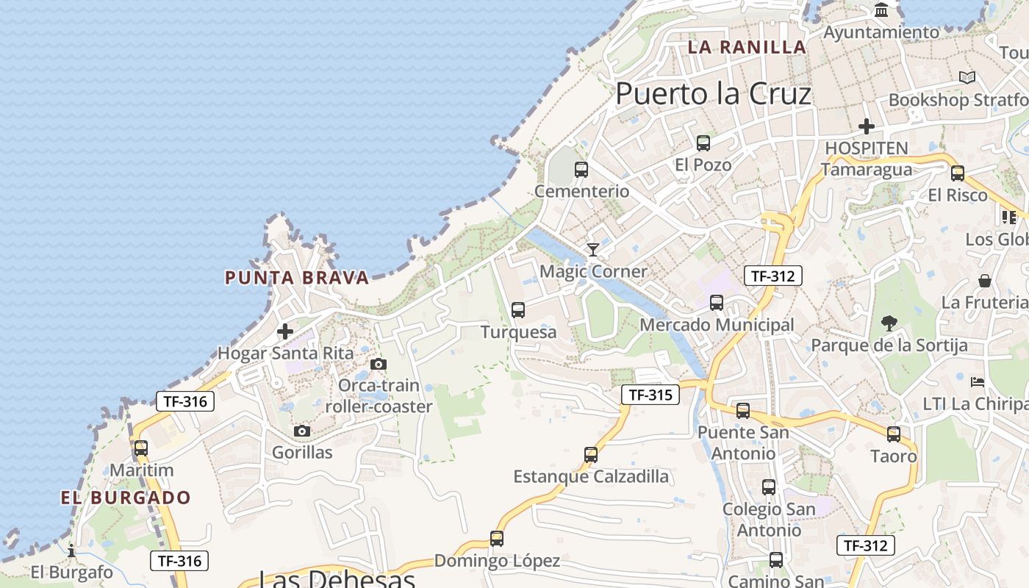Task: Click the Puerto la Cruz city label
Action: (713, 94)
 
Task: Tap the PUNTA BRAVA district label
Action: (296, 278)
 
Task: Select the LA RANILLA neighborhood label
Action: (747, 47)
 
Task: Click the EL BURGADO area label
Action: (126, 498)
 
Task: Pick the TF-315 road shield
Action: (650, 395)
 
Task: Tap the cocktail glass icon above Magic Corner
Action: (593, 250)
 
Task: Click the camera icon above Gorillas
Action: (302, 431)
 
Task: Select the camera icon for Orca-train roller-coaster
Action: (379, 365)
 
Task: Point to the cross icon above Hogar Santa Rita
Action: (285, 331)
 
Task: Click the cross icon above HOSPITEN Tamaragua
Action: (867, 126)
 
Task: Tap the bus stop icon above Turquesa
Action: (518, 310)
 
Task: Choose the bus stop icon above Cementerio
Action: (581, 170)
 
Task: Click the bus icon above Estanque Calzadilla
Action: (591, 455)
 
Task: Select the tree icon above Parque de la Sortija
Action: (889, 323)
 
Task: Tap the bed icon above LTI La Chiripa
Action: (978, 382)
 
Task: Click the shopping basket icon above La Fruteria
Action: (985, 281)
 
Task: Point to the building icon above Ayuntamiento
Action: (881, 10)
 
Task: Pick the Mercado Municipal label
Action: (717, 325)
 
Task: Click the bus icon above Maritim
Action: (141, 448)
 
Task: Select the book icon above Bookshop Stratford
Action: (967, 77)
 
